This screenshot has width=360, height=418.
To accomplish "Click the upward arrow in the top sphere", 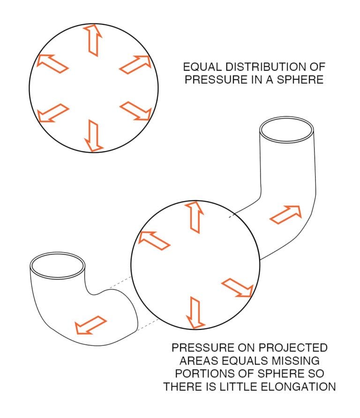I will click(x=92, y=40).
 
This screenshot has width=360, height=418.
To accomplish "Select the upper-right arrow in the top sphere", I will click(x=135, y=64).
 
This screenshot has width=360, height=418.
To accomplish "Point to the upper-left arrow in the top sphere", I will click(x=52, y=63).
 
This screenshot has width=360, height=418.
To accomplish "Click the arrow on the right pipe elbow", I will click(x=286, y=214).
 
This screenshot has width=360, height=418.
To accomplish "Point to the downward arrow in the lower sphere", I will click(x=195, y=312).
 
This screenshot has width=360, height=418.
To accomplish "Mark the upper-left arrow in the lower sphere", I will click(x=154, y=239).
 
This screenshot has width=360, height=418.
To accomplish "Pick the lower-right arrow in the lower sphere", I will click(x=237, y=287).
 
